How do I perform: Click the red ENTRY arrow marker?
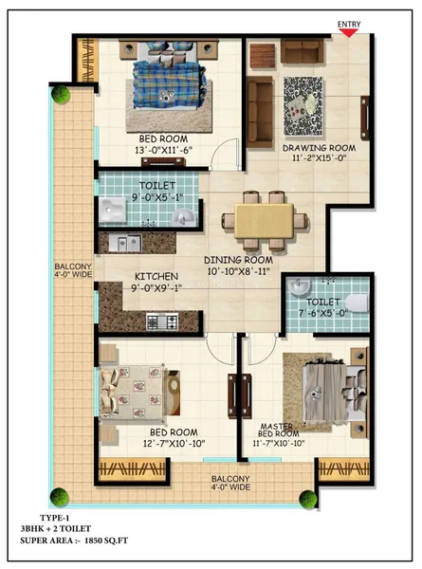click(349, 33)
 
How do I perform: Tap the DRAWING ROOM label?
click(319, 148)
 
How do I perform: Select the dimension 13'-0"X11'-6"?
click(163, 150)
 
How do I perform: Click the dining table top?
click(265, 221)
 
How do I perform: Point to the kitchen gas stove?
click(162, 321)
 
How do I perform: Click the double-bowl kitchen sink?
click(125, 244)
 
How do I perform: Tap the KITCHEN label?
click(156, 277)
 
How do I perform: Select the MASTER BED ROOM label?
click(278, 430)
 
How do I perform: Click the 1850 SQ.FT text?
click(106, 541)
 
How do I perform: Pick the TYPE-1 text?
click(54, 518)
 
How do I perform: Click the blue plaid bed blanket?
click(167, 84)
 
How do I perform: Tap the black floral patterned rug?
click(303, 106)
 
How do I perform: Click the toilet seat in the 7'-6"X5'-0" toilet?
click(358, 303)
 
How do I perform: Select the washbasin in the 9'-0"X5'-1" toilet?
click(184, 218)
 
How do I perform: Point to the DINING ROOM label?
click(238, 260)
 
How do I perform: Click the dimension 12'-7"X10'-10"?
click(174, 444)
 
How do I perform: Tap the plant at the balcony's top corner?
click(61, 94)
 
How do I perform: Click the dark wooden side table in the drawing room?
click(263, 56)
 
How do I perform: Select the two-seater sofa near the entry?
click(303, 51)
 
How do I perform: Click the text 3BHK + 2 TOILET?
click(56, 529)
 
